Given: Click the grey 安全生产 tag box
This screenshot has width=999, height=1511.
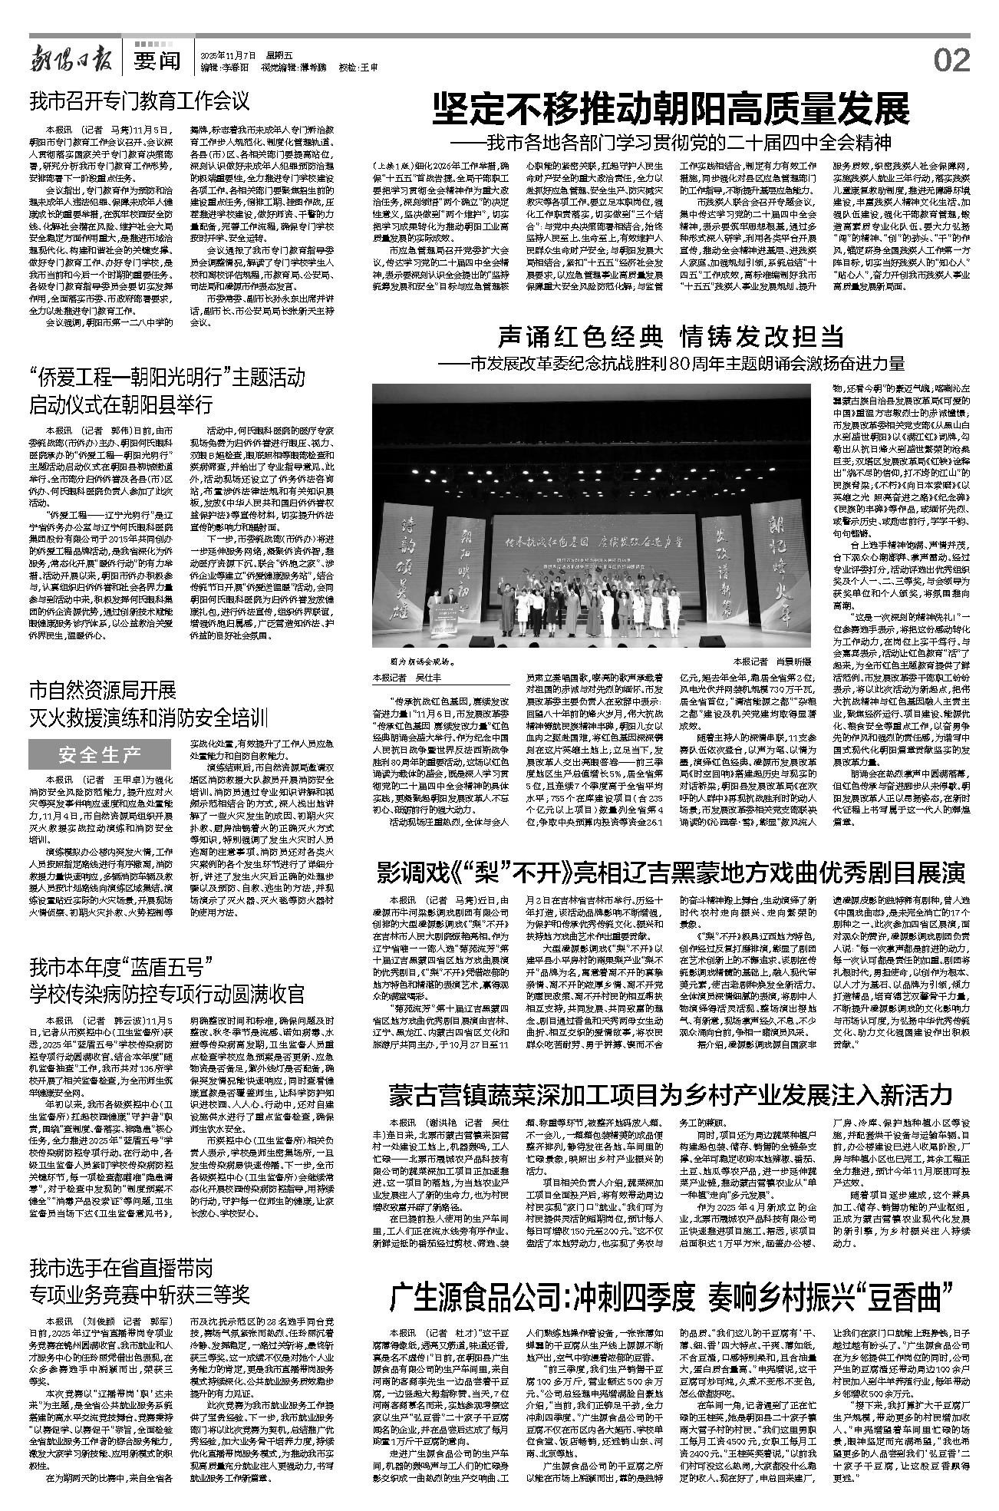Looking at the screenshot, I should click(x=100, y=756).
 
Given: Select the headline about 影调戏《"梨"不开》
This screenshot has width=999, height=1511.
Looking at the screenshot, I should click(x=671, y=873).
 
